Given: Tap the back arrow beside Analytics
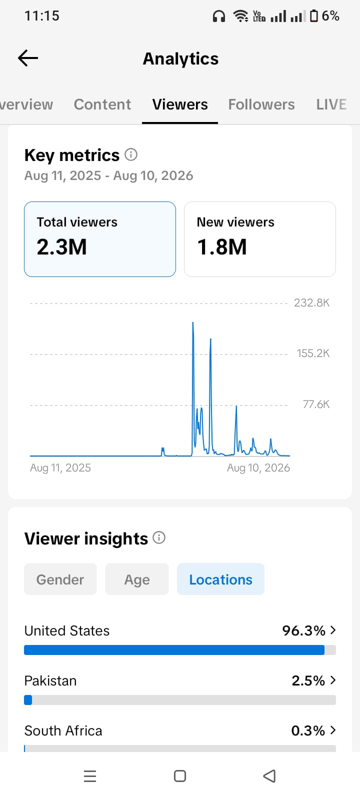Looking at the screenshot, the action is pos(28,58).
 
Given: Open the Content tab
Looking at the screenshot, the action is pos(102,104).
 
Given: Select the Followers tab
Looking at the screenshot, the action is pos(261,104).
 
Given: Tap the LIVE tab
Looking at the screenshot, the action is pos(331,104).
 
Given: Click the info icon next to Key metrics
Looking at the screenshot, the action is pos(130,154).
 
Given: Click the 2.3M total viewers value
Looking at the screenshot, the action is pos(62,247).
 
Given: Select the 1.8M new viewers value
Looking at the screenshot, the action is pos(222,247).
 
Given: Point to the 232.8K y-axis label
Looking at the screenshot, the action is pos(311,303).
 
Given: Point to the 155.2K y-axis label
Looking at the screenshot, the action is pos(313,353).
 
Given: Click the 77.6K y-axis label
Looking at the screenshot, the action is pos(316,404).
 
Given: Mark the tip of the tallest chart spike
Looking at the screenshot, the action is pos(193,322).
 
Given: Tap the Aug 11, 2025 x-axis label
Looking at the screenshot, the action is pos(60,468).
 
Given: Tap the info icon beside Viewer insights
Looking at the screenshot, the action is pos(159,537).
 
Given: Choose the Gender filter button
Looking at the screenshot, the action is pos(60,579).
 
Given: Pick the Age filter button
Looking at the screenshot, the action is pos(137,579).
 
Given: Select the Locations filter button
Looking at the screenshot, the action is pos(220,579).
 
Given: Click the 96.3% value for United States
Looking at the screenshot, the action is pos(303,630).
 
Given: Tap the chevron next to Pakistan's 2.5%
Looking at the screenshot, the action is pos(333,680).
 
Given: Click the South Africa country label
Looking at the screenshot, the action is pos(63,730).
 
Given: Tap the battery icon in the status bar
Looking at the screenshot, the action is pos(313,16).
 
